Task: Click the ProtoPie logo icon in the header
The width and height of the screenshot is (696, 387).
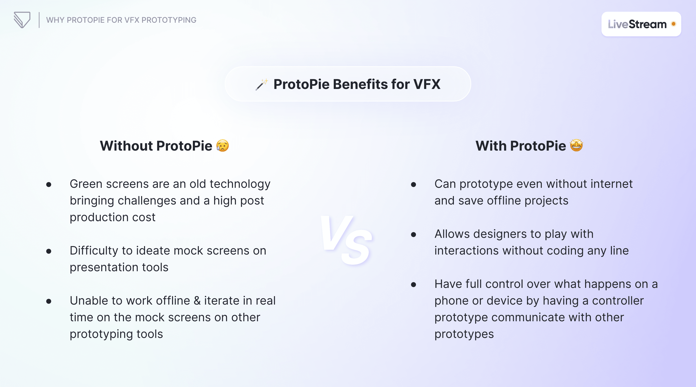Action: [22, 20]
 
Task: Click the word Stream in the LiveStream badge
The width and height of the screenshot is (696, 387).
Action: [648, 24]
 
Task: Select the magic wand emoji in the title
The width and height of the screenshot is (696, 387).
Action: [261, 84]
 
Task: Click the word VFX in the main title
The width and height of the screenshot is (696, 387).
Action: [427, 84]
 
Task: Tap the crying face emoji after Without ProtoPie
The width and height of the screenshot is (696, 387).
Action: [223, 146]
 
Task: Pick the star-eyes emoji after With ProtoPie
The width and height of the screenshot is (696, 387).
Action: [576, 146]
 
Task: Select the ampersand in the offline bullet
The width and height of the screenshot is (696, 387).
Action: [197, 301]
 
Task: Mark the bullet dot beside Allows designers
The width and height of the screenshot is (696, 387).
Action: [413, 234]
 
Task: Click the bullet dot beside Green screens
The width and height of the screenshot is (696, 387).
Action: [49, 185]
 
